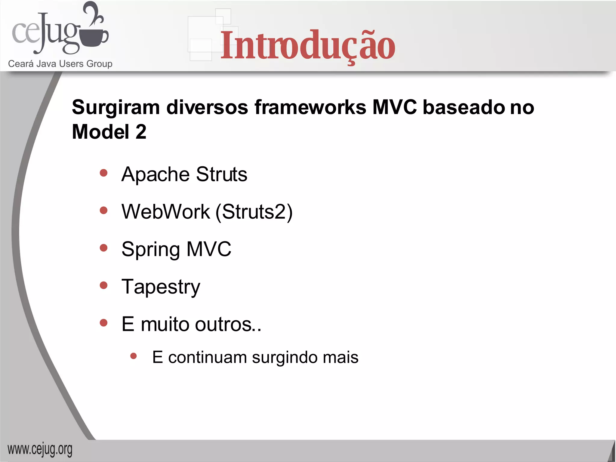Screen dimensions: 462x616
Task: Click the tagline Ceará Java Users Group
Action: click(60, 64)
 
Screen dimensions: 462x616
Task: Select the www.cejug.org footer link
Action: click(40, 450)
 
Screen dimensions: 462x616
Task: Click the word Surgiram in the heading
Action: click(116, 108)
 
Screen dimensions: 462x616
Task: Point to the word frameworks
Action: click(310, 107)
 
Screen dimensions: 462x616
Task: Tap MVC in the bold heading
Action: click(394, 107)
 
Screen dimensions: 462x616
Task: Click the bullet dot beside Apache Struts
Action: click(104, 173)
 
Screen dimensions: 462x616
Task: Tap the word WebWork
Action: click(165, 212)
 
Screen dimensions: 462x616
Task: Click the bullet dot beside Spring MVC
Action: click(104, 248)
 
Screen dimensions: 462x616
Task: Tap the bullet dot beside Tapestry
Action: click(104, 285)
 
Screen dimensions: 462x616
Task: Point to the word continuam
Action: click(207, 357)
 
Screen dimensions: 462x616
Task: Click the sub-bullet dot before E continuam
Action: click(134, 356)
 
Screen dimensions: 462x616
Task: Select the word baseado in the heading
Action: click(464, 107)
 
